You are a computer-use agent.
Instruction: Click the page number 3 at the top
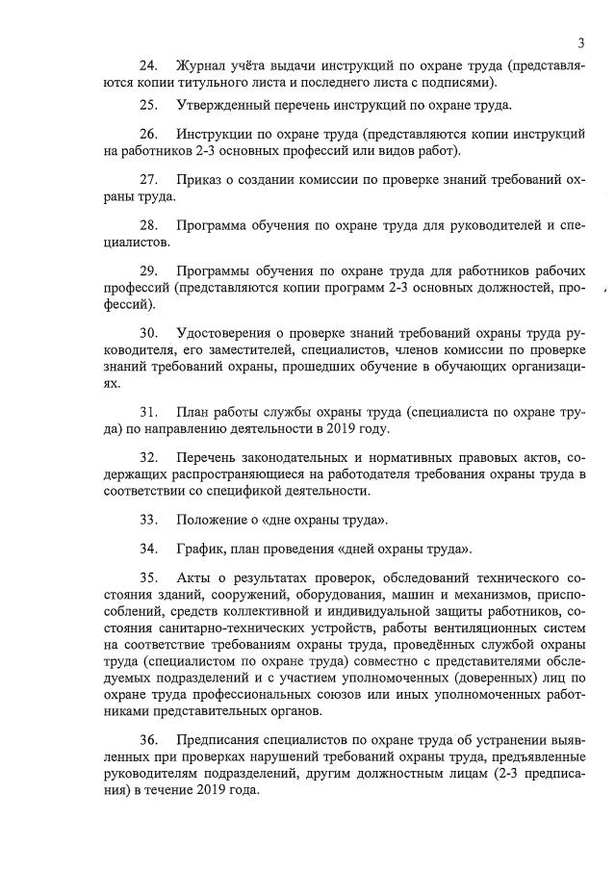click(581, 41)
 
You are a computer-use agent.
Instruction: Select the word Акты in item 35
click(193, 578)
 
